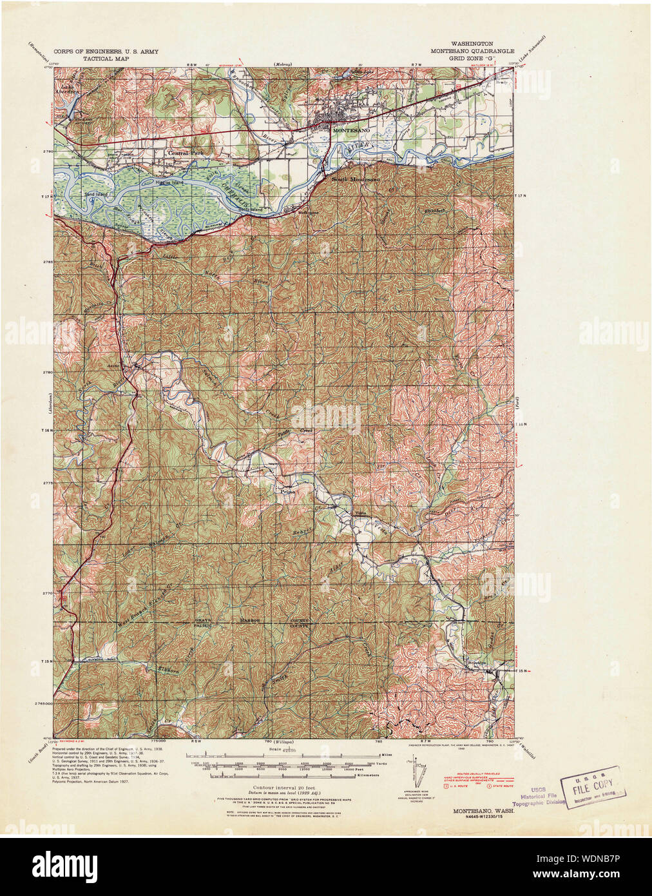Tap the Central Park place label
[x=186, y=154]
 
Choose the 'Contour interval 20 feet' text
[x=273, y=788]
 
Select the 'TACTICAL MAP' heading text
[x=106, y=58]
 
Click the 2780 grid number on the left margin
[x=46, y=372]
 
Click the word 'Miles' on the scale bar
[x=387, y=754]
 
